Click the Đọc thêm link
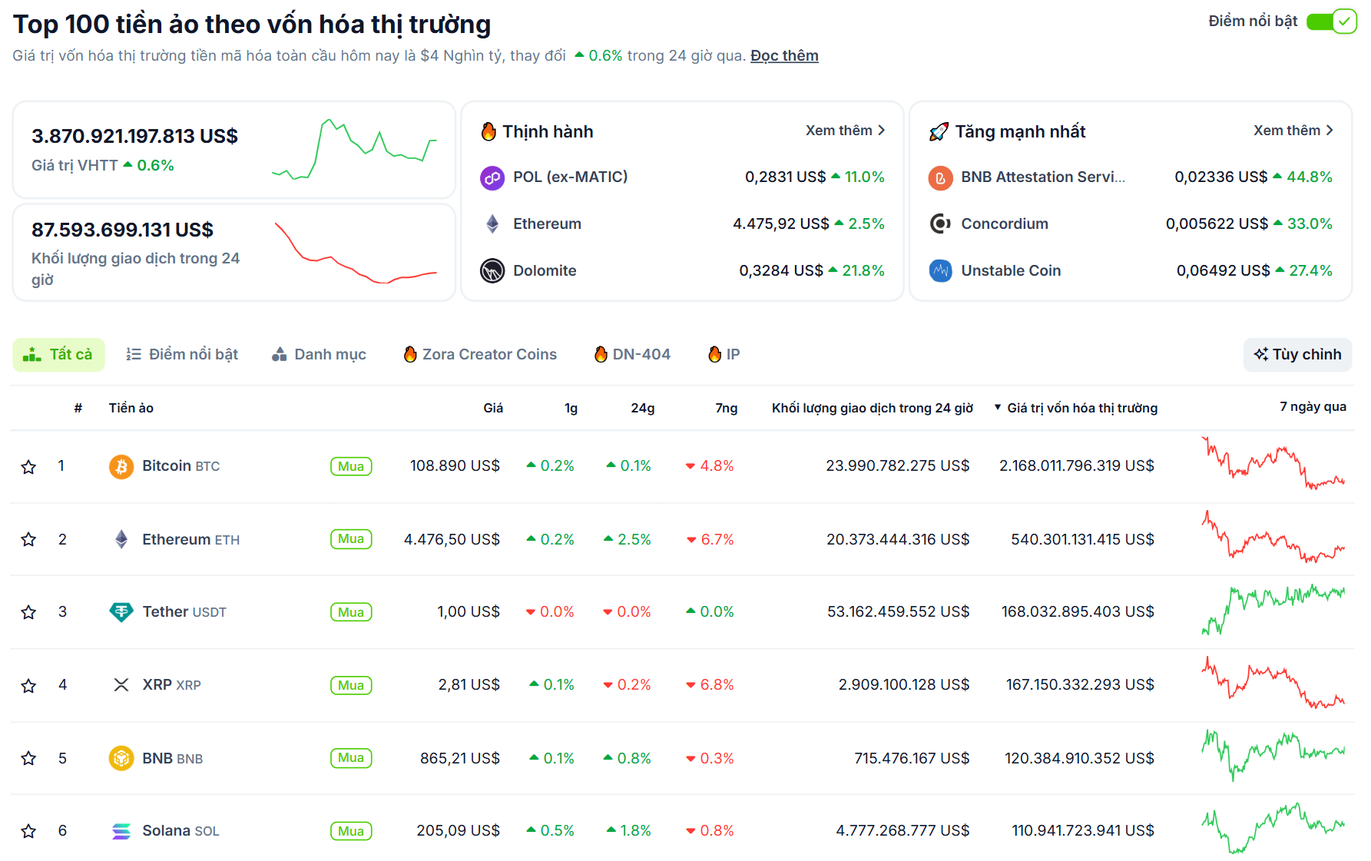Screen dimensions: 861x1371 (783, 56)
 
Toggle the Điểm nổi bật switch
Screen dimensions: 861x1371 (1331, 22)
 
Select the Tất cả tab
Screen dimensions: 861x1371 (58, 354)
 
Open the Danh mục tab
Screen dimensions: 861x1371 (319, 354)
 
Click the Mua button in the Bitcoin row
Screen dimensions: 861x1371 (351, 466)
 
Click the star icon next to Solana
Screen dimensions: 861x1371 (28, 831)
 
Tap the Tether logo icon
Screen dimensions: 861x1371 (121, 612)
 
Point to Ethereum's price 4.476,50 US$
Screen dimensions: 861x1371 (452, 539)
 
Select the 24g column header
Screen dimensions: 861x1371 (642, 408)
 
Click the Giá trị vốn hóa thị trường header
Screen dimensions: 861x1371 (1081, 408)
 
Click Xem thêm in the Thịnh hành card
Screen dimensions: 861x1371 (845, 131)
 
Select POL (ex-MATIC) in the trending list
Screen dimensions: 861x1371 (570, 177)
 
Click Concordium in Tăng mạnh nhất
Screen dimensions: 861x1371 (1004, 224)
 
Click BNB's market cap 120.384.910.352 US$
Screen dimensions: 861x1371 (1078, 758)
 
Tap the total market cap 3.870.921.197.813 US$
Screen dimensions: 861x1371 (134, 137)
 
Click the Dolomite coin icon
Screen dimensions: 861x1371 (492, 271)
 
